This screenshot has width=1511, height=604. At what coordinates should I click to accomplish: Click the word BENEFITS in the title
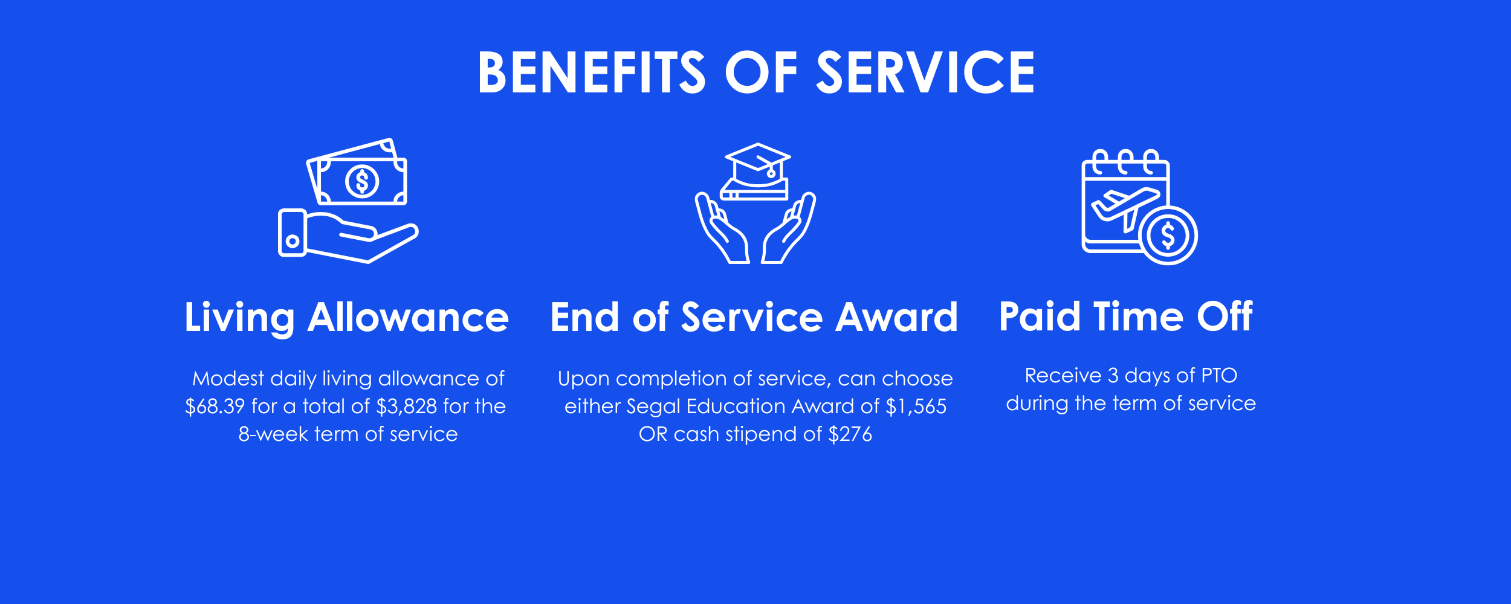pos(591,72)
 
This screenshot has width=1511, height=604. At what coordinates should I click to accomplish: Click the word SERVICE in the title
pos(925,72)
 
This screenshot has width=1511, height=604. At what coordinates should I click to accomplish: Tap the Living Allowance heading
pos(346,317)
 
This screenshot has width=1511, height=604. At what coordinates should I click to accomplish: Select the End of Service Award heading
pos(754,317)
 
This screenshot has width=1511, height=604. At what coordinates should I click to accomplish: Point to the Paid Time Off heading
pos(1125,316)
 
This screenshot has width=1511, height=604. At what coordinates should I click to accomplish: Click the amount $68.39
pos(215,406)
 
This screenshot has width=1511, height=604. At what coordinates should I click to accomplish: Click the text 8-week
pos(273,434)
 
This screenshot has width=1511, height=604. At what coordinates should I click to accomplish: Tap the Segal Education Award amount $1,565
pos(916,406)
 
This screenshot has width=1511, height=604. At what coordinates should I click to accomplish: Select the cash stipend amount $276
pos(850,434)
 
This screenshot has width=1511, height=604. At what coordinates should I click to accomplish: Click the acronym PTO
pos(1218,376)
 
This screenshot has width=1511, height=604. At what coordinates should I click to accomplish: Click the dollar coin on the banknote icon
pos(362,181)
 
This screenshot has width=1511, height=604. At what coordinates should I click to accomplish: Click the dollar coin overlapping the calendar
pos(1168,236)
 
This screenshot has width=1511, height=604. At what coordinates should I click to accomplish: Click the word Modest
pos(228,379)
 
